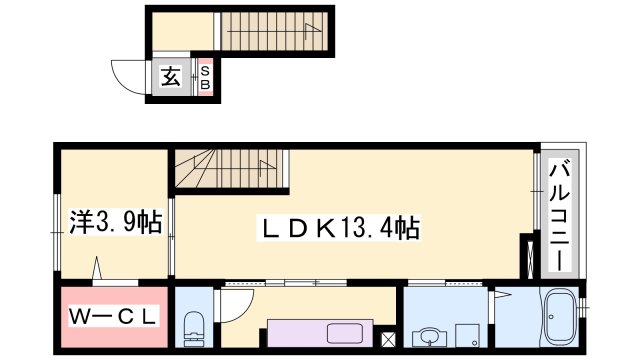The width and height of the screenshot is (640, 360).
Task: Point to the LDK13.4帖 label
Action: tap(341, 228)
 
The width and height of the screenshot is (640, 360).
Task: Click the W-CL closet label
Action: tap(113, 319)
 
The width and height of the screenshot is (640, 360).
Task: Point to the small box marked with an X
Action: tap(389, 338)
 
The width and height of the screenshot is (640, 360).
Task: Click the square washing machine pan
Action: tap(468, 335)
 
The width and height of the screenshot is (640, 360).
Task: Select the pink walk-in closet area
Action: tap(113, 318)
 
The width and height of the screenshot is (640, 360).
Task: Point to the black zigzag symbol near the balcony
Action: tap(525, 256)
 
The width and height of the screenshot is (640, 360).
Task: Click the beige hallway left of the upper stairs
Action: tap(182, 31)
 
